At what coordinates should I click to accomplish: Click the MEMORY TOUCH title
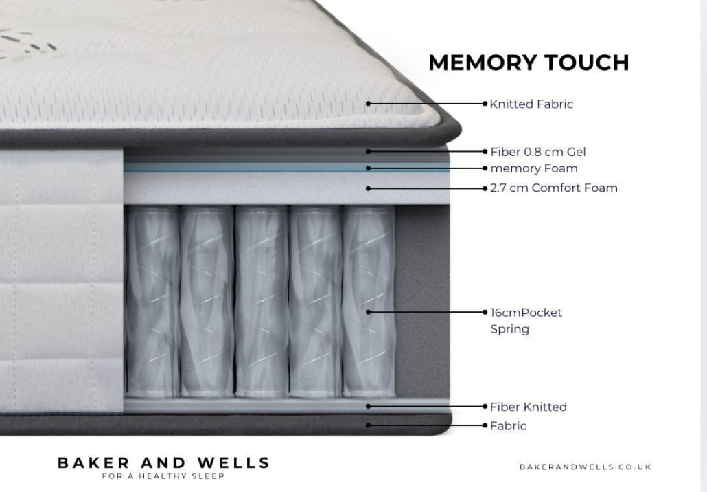[x=529, y=63]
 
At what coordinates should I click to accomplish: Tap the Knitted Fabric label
[x=531, y=104]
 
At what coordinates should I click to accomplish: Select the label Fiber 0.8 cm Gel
[x=538, y=152]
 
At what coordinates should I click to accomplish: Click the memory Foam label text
[x=534, y=168]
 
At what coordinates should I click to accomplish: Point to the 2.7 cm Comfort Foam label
[x=554, y=188]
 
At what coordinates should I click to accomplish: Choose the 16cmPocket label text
[x=526, y=313]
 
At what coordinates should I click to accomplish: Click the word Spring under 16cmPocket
[x=509, y=329]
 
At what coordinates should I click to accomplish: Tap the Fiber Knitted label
[x=529, y=407]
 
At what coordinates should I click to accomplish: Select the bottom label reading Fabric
[x=508, y=425]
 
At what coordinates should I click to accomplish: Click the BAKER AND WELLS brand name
[x=163, y=462]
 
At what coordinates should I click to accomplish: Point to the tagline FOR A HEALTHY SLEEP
[x=163, y=476]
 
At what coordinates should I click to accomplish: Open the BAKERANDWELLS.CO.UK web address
[x=586, y=467]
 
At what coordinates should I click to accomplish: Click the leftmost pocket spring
[x=152, y=302]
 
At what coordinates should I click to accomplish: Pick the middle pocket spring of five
[x=262, y=302]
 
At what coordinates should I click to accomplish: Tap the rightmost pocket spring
[x=369, y=302]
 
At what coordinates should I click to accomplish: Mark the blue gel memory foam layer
[x=287, y=168]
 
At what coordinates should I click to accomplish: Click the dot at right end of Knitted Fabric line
[x=485, y=104]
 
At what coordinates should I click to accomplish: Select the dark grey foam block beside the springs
[x=423, y=302]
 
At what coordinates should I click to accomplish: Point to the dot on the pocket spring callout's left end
[x=369, y=312]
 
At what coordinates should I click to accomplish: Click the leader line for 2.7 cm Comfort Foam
[x=426, y=188]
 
